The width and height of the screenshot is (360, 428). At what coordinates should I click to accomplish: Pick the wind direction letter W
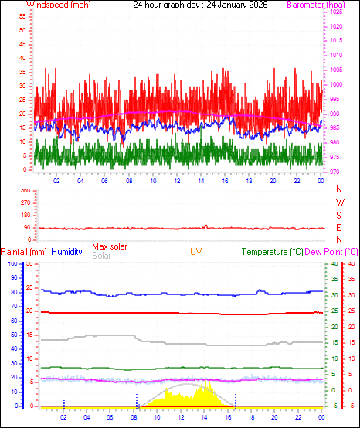click(339, 202)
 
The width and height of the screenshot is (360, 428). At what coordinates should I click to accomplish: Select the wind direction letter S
click(339, 215)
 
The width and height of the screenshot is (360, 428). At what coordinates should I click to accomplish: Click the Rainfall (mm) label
click(24, 252)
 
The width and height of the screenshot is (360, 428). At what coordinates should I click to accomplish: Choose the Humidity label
click(67, 252)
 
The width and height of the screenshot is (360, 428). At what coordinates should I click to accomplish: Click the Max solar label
click(110, 246)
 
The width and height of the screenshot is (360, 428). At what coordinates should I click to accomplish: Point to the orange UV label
click(196, 252)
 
